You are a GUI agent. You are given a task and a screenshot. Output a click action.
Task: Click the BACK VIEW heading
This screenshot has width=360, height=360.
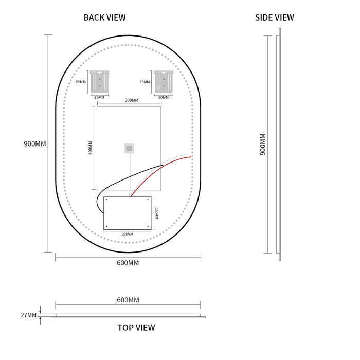105,17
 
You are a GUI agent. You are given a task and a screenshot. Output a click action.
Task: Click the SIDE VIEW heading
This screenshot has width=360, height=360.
274,17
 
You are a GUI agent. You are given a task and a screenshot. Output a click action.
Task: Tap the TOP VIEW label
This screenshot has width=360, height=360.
136,328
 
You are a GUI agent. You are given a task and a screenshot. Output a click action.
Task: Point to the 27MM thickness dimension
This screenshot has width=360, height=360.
28,315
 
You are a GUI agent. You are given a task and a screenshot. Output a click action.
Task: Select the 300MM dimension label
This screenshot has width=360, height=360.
132,100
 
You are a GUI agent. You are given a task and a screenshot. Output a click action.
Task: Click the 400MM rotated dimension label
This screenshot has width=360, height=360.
90,148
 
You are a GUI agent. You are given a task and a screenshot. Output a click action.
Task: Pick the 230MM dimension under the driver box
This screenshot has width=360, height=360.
128,234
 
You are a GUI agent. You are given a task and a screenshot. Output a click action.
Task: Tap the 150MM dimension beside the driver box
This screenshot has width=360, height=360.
156,214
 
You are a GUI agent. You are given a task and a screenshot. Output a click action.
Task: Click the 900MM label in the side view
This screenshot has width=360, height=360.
263,145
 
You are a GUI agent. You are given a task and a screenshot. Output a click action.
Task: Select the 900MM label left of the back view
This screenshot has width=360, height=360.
35,143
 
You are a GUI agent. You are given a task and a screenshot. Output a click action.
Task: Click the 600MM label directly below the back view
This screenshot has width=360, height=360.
128,263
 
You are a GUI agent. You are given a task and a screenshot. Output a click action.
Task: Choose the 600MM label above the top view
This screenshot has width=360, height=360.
128,300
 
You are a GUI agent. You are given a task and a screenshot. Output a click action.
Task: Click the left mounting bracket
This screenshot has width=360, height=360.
99,82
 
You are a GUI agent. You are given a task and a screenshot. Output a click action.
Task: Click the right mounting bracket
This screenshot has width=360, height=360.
164,82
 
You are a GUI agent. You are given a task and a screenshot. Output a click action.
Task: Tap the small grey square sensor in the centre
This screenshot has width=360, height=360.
129,148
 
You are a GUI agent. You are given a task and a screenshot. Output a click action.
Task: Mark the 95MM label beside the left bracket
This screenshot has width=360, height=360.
81,82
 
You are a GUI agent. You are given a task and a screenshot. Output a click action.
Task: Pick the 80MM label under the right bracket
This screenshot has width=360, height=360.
164,98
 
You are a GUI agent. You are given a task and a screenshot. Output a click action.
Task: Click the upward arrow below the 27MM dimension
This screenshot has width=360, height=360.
40,321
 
